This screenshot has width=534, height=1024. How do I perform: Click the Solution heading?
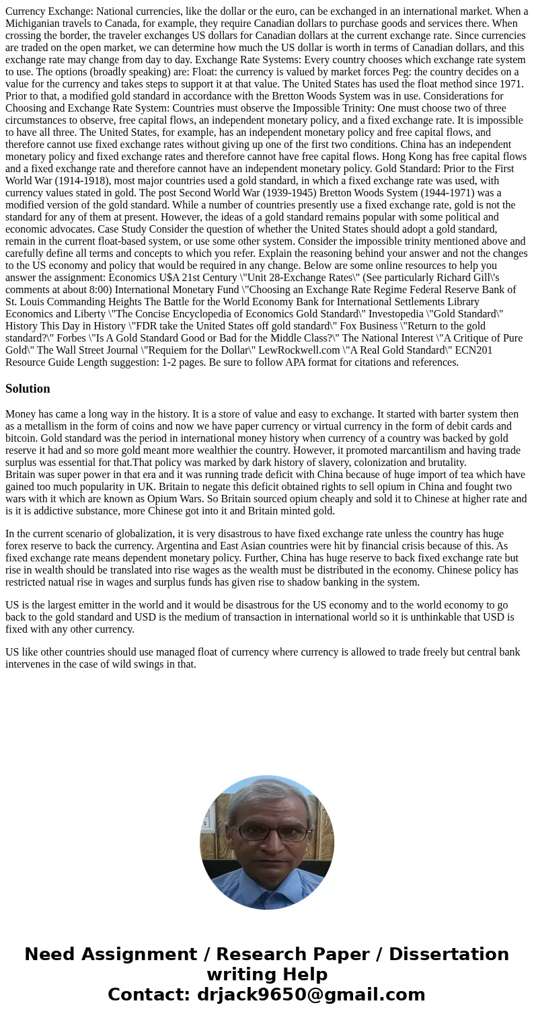[28, 389]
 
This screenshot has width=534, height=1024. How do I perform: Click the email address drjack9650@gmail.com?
[311, 994]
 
